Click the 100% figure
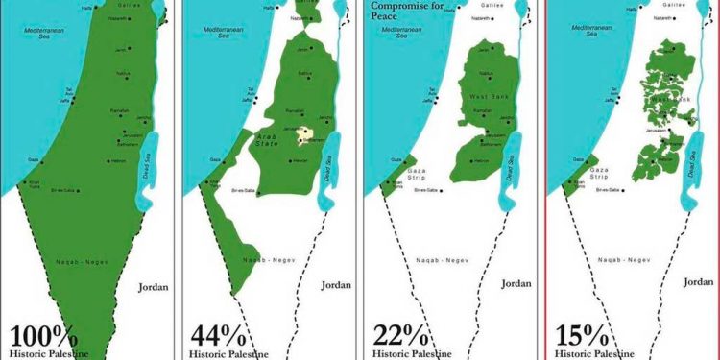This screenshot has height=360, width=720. click(43, 337)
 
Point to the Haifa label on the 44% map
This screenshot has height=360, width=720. click(270, 7)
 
